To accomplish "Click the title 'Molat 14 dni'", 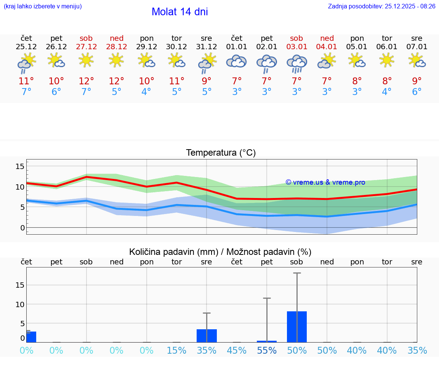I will point(179,12).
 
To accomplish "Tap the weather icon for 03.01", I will point(296,64).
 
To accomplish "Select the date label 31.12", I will point(207,47).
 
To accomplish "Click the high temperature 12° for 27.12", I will point(86,81).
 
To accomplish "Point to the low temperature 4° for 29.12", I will point(146,92).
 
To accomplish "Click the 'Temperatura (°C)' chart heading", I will point(221,153).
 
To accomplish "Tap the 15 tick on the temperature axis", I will point(20,166).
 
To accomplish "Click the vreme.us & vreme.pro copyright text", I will point(325,182).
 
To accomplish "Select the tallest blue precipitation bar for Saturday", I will point(297,327).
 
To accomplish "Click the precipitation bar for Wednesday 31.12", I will point(207,336).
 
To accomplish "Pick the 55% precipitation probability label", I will point(267,350).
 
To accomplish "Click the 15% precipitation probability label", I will point(176,350).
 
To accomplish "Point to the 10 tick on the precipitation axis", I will point(20,304).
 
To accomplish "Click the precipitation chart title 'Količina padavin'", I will point(220,252).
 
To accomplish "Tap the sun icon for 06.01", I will point(387,60).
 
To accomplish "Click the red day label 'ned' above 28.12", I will point(117,38).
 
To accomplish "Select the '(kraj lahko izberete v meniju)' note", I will point(43,6).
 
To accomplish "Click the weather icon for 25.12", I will point(26,63).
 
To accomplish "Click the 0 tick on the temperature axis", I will point(22,228).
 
